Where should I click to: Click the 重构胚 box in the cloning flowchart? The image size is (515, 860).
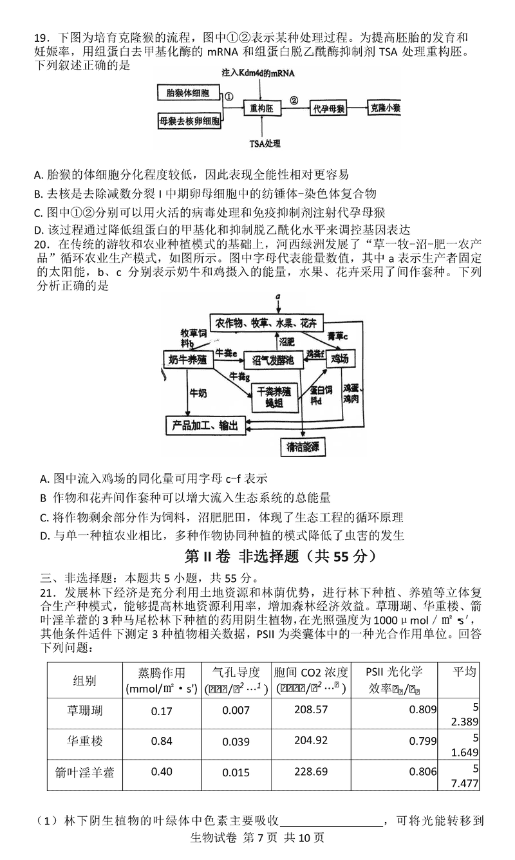click(x=262, y=109)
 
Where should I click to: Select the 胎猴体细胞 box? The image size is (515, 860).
click(x=188, y=94)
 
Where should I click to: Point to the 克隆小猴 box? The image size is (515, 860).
click(x=384, y=109)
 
